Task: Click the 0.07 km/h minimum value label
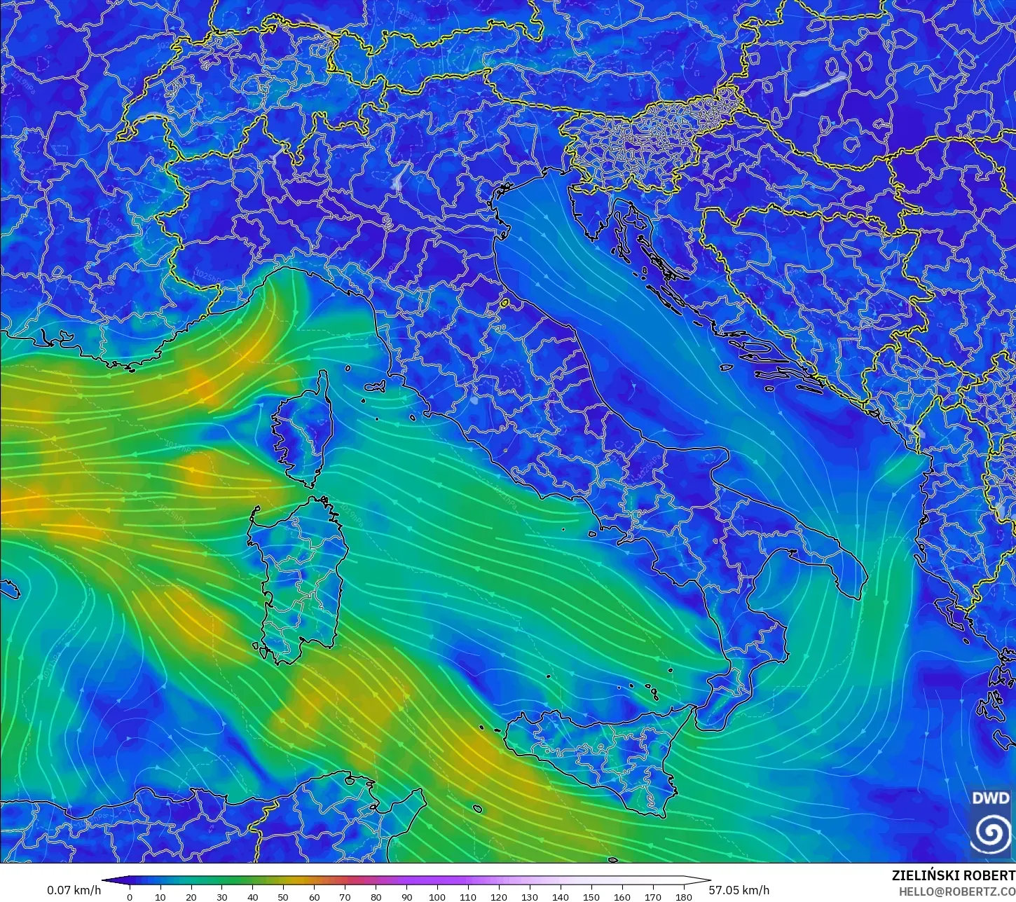74,890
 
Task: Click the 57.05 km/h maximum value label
739,890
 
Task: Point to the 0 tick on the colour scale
130,897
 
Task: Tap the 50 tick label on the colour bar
283,897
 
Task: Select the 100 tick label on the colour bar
437,897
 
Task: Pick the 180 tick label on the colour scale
683,897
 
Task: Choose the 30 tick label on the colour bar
222,897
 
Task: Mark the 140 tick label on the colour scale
560,897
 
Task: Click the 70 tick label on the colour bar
345,897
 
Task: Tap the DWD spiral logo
991,833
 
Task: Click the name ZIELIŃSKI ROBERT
953,876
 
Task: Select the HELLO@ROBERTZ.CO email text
958,891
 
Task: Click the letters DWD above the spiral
991,798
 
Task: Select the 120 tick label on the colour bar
499,897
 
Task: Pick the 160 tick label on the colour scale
622,897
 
